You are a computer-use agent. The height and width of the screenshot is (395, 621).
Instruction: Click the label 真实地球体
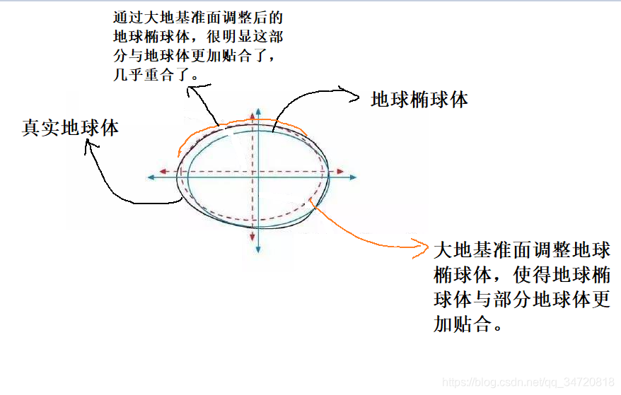tap(70, 128)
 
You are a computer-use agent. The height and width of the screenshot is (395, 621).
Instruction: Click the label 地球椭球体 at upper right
tap(419, 100)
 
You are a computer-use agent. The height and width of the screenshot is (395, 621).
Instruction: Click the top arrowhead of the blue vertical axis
tap(259, 113)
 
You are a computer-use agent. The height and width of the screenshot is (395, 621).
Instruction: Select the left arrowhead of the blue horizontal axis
tap(152, 177)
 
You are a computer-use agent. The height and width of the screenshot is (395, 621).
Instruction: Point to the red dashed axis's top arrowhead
tap(253, 117)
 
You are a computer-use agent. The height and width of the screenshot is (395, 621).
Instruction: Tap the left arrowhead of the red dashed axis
tap(163, 171)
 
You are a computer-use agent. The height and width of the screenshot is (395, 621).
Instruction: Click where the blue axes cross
tap(259, 177)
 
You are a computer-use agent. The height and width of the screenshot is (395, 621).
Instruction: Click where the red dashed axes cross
tap(253, 171)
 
